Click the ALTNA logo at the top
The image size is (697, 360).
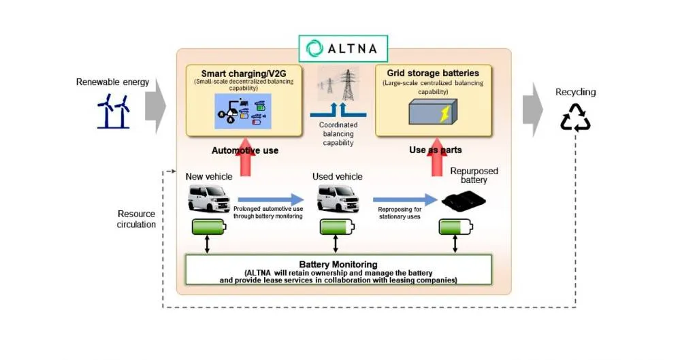[343, 48]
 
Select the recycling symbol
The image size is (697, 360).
[575, 117]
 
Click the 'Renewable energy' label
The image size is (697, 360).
[112, 82]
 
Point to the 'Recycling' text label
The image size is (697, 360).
[575, 92]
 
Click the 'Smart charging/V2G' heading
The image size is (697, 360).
[244, 73]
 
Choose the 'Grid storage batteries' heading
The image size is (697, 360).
[432, 73]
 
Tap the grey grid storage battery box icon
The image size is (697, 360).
[433, 112]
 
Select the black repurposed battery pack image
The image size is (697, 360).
[464, 201]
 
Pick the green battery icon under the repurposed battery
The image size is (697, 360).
[455, 226]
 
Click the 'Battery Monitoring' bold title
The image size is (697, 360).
[338, 264]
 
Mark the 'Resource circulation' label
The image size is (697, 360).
[136, 219]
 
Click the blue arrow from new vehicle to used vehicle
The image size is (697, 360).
[270, 199]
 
